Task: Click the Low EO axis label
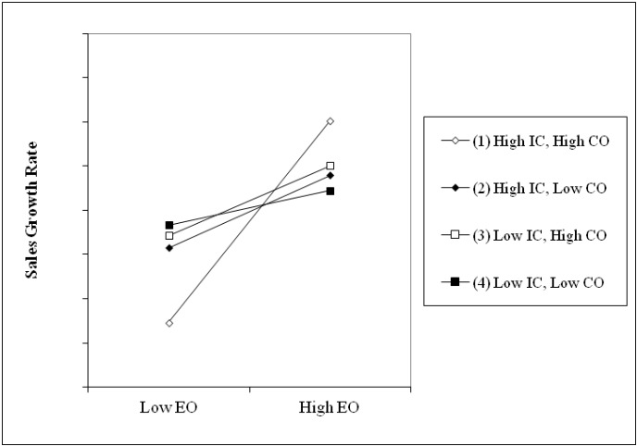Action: click(169, 407)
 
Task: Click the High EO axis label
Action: click(330, 407)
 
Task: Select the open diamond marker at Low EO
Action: click(169, 323)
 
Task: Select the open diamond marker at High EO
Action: click(330, 121)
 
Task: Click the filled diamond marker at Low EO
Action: click(169, 248)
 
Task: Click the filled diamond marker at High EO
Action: click(330, 175)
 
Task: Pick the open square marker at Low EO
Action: click(169, 236)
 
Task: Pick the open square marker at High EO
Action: click(330, 166)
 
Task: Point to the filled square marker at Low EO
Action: click(169, 225)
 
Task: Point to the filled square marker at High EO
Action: click(330, 191)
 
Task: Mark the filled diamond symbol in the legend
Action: click(453, 188)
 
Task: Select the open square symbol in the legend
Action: click(453, 235)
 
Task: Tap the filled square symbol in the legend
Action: click(453, 282)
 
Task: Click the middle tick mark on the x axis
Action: click(249, 390)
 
